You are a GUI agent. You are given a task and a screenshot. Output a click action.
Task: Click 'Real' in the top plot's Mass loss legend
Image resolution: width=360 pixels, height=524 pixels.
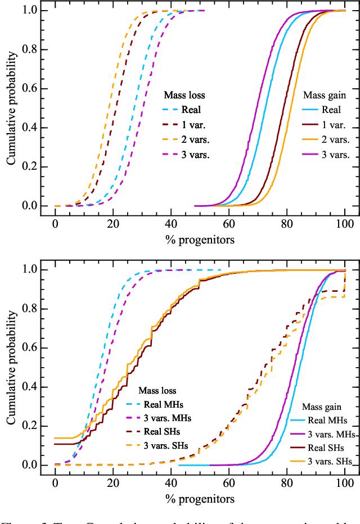pyautogui.click(x=191, y=110)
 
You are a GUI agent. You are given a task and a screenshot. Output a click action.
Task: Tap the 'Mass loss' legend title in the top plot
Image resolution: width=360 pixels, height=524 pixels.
pyautogui.click(x=183, y=95)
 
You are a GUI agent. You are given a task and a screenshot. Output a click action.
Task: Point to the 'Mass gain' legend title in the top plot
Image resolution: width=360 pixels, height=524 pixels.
pyautogui.click(x=325, y=96)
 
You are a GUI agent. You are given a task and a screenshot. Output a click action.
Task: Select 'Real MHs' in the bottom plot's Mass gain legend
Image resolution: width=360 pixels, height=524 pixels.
pyautogui.click(x=326, y=420)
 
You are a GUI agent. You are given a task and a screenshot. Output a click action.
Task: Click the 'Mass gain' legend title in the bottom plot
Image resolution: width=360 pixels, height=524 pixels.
pyautogui.click(x=323, y=406)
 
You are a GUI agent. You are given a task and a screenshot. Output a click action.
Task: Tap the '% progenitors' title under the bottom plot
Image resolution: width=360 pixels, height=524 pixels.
pyautogui.click(x=200, y=499)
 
